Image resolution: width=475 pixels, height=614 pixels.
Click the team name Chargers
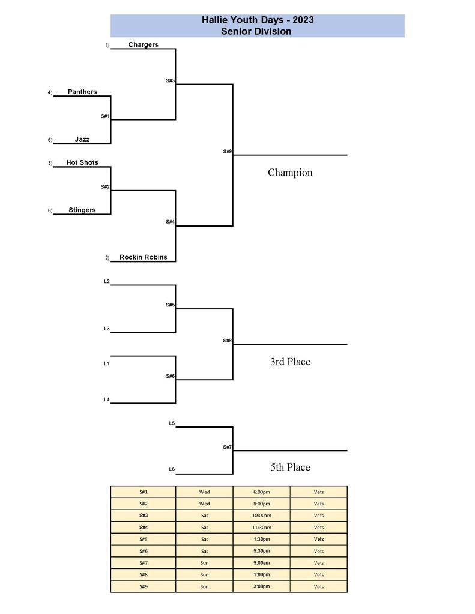click(143, 44)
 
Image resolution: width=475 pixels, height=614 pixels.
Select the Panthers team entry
click(82, 92)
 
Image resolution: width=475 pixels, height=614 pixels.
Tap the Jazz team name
click(82, 139)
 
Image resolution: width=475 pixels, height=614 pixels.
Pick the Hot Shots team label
click(82, 162)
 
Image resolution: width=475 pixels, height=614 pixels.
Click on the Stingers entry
click(82, 210)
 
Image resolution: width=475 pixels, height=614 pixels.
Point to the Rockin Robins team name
click(143, 257)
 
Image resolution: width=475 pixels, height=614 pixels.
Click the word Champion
click(290, 173)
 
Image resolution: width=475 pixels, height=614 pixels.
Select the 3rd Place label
click(290, 362)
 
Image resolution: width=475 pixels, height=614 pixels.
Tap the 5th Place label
click(290, 467)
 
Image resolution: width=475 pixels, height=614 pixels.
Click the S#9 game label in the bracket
click(227, 152)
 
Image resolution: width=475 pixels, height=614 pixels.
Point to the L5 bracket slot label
click(172, 423)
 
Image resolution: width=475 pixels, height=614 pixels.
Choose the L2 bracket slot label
click(107, 281)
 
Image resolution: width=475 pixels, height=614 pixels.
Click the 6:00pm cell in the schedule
click(261, 492)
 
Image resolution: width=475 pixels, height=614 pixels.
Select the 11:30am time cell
click(261, 528)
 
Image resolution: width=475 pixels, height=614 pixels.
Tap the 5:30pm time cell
click(261, 551)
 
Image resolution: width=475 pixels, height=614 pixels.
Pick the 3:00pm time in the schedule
click(261, 586)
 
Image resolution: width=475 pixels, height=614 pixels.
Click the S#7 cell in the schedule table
click(144, 563)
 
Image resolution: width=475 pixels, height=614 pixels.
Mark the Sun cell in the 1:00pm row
click(204, 574)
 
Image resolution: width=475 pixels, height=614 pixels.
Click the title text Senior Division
click(257, 31)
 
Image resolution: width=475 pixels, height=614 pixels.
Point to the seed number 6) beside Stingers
click(50, 210)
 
